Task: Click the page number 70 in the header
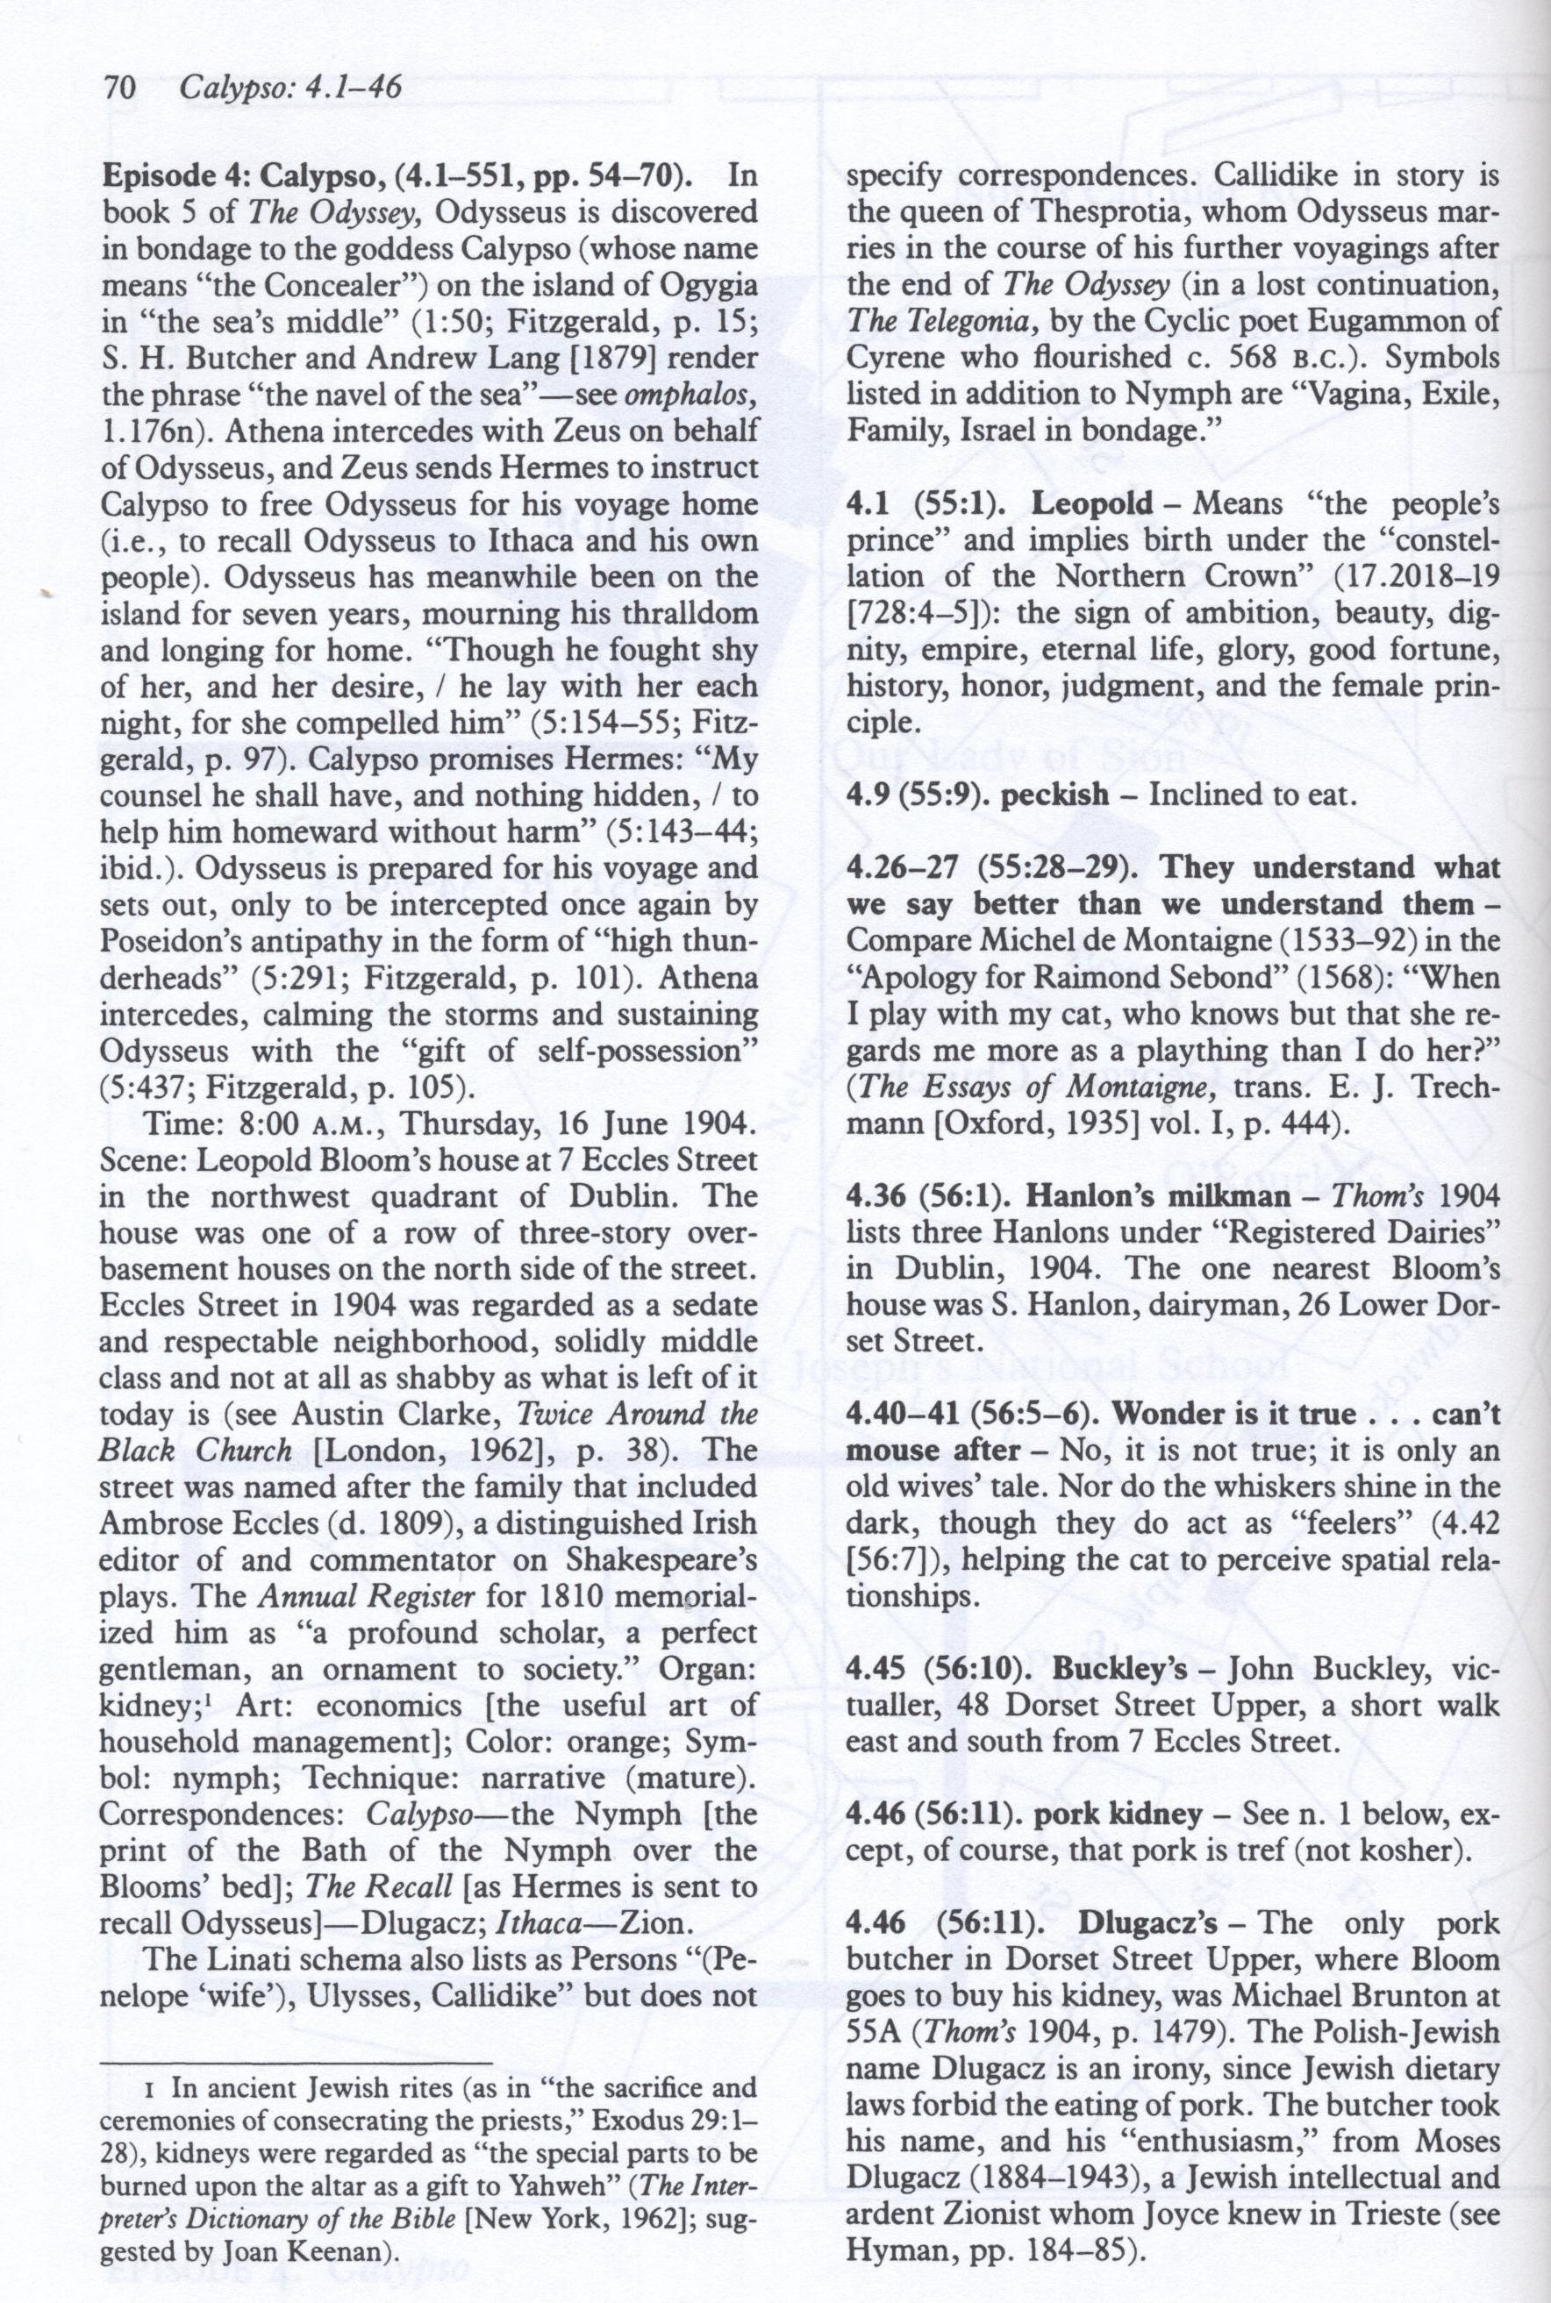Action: (x=118, y=89)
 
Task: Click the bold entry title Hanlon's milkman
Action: (x=1158, y=1196)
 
